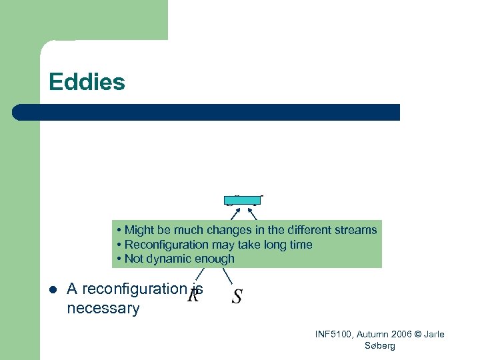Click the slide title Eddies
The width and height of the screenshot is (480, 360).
(87, 82)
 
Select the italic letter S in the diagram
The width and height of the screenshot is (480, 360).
(237, 297)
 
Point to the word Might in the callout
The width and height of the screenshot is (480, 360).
(139, 230)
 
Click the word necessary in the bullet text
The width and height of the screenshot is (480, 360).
(103, 309)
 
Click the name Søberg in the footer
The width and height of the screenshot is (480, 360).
(380, 345)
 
